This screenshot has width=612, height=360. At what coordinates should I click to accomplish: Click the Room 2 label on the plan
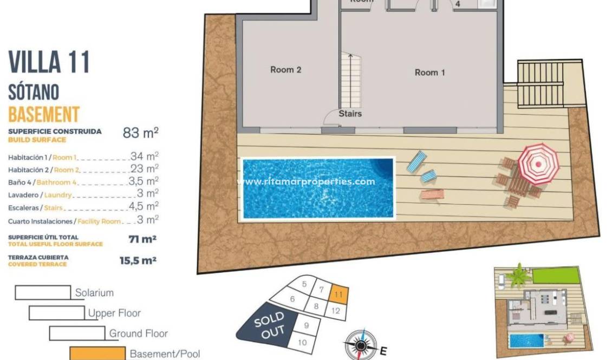(x=285, y=69)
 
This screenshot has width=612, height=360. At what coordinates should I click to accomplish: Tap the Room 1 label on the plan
(x=429, y=72)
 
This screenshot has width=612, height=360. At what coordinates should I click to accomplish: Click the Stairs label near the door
(x=350, y=114)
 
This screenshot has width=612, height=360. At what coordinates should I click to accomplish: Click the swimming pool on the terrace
(x=318, y=188)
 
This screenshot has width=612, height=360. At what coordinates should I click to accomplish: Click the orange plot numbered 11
(x=338, y=295)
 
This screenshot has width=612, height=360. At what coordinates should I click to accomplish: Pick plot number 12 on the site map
(x=336, y=311)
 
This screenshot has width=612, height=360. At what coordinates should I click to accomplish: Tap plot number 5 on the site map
(x=304, y=284)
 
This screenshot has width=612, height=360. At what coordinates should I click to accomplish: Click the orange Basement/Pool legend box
(x=97, y=354)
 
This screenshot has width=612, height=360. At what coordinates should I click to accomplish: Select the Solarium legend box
(x=43, y=292)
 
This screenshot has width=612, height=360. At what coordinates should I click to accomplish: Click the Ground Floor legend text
(x=139, y=333)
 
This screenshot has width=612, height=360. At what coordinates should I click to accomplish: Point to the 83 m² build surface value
(x=140, y=133)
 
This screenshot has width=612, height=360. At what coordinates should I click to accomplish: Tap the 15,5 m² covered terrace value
(x=138, y=260)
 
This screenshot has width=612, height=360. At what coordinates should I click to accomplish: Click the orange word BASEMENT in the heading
(x=44, y=114)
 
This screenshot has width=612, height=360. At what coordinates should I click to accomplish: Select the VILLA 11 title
(x=49, y=63)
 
